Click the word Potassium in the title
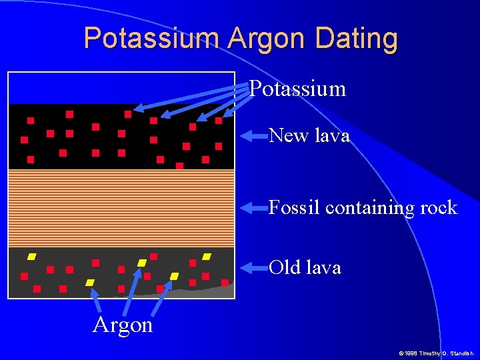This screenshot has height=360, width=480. [x=152, y=38]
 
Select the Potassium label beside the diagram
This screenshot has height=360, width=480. [x=297, y=89]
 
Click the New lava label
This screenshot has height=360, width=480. [x=309, y=136]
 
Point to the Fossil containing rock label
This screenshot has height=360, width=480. [x=363, y=208]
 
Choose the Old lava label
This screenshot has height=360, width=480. [x=305, y=268]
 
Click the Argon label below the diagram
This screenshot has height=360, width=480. [x=123, y=325]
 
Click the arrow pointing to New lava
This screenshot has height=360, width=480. [x=253, y=137]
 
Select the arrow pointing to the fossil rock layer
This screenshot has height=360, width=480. [x=253, y=208]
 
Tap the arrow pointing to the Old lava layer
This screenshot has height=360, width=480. [x=253, y=268]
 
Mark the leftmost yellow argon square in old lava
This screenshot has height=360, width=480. [x=31, y=257]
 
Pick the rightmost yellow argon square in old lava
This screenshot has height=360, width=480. [x=207, y=256]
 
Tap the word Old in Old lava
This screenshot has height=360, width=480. [x=285, y=268]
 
